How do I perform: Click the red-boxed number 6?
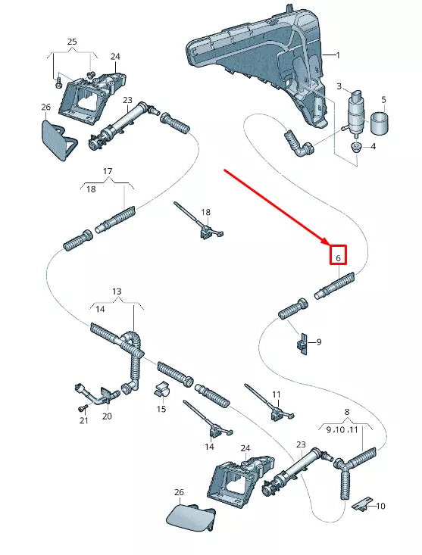tap(338, 258)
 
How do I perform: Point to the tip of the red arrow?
tap(329, 245)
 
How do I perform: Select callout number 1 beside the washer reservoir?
tap(338, 55)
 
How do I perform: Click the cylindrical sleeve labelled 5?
tap(379, 123)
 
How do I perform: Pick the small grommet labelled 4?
tap(356, 147)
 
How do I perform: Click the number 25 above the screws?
tap(72, 42)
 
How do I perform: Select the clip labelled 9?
tap(302, 344)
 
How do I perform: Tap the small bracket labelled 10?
tap(362, 504)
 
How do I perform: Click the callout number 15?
tap(161, 409)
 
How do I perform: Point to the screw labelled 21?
tap(82, 408)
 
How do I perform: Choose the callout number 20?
tap(107, 416)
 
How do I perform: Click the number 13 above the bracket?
tap(117, 292)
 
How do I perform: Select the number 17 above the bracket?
tap(108, 171)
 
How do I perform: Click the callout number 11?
tap(277, 394)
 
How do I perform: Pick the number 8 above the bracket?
tap(347, 412)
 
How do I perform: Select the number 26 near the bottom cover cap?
tap(179, 492)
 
